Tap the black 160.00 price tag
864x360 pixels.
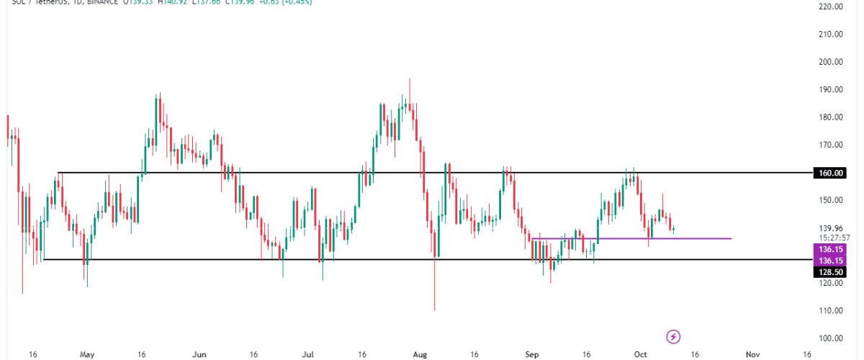pyautogui.click(x=829, y=173)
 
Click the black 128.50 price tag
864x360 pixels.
pyautogui.click(x=829, y=271)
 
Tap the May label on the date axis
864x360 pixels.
pyautogui.click(x=88, y=354)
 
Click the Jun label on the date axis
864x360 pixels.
pyautogui.click(x=200, y=354)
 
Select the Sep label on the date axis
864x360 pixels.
pyautogui.click(x=532, y=354)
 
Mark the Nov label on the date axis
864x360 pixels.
pyautogui.click(x=753, y=354)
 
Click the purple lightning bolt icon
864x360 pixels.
pyautogui.click(x=674, y=336)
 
